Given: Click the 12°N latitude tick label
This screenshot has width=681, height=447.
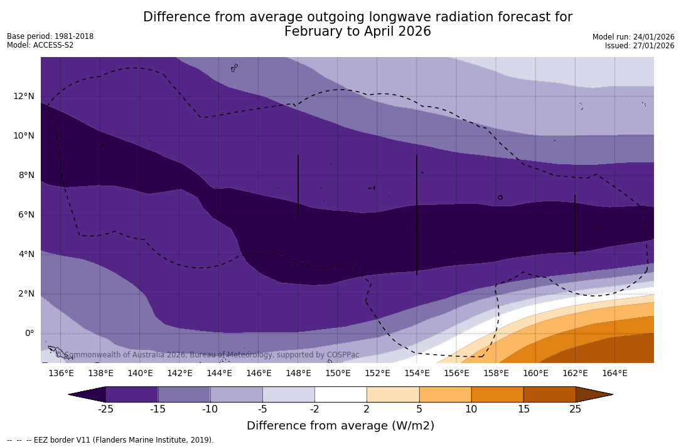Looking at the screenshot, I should pos(24,97).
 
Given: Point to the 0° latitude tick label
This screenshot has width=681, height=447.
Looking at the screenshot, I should pos(29,334).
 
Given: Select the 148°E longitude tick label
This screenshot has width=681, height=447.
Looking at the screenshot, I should pos(298,374).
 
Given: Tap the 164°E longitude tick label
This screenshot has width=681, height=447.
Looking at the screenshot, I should pos(614,374).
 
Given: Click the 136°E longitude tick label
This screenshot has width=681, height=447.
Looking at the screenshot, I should pos(61,374).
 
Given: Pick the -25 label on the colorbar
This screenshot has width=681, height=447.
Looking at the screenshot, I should pos(105,409).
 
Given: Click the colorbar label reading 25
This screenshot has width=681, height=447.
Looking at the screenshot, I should pos(575,409).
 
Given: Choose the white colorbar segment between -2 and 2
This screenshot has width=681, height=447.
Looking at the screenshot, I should pos(340,394).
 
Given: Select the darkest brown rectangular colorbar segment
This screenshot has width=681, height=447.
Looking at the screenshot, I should pos(549,394).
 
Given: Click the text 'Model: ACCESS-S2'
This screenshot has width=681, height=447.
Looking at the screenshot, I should pos(40,45).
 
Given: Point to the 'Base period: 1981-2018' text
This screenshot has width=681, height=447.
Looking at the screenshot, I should pos(50,36).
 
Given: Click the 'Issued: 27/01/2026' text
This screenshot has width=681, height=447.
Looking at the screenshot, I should pos(640,46).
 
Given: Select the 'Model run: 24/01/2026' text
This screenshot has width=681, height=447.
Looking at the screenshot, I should pos(633,37).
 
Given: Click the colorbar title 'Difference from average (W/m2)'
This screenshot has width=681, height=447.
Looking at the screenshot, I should pos(340,426).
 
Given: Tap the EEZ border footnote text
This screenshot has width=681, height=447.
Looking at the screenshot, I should pos(110,440).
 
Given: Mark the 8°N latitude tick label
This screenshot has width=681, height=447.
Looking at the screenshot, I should pos(24,176).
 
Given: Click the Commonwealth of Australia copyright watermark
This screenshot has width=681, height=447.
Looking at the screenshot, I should pos(208,355).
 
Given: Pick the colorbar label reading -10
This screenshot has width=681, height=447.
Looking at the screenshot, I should pos(210,409).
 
